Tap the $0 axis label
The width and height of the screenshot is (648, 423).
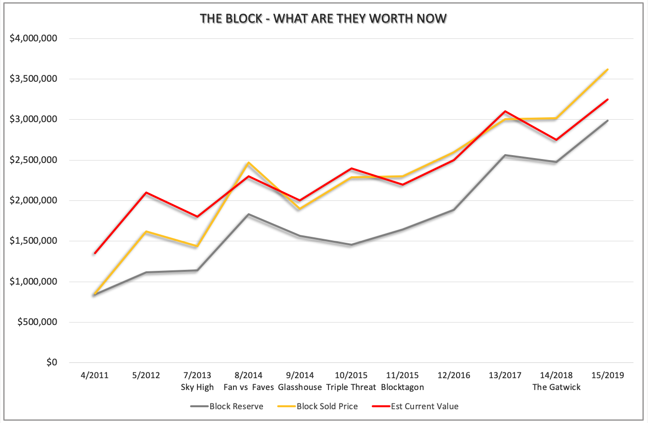(51, 362)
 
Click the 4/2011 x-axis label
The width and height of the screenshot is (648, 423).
(95, 375)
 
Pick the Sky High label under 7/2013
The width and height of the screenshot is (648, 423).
(197, 387)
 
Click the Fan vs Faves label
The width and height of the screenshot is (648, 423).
(249, 387)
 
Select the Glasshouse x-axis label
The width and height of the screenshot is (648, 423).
(300, 387)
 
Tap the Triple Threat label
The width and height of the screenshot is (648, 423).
(351, 387)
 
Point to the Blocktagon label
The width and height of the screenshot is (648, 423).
(402, 387)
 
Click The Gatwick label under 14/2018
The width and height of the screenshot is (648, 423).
(556, 387)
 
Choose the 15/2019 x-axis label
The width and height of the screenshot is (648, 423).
(608, 375)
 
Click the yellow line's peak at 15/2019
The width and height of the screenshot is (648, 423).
(608, 69)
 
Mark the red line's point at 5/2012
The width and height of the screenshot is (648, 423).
(146, 193)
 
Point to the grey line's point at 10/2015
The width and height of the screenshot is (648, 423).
(351, 245)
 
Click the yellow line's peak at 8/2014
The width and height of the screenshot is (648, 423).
(249, 163)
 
